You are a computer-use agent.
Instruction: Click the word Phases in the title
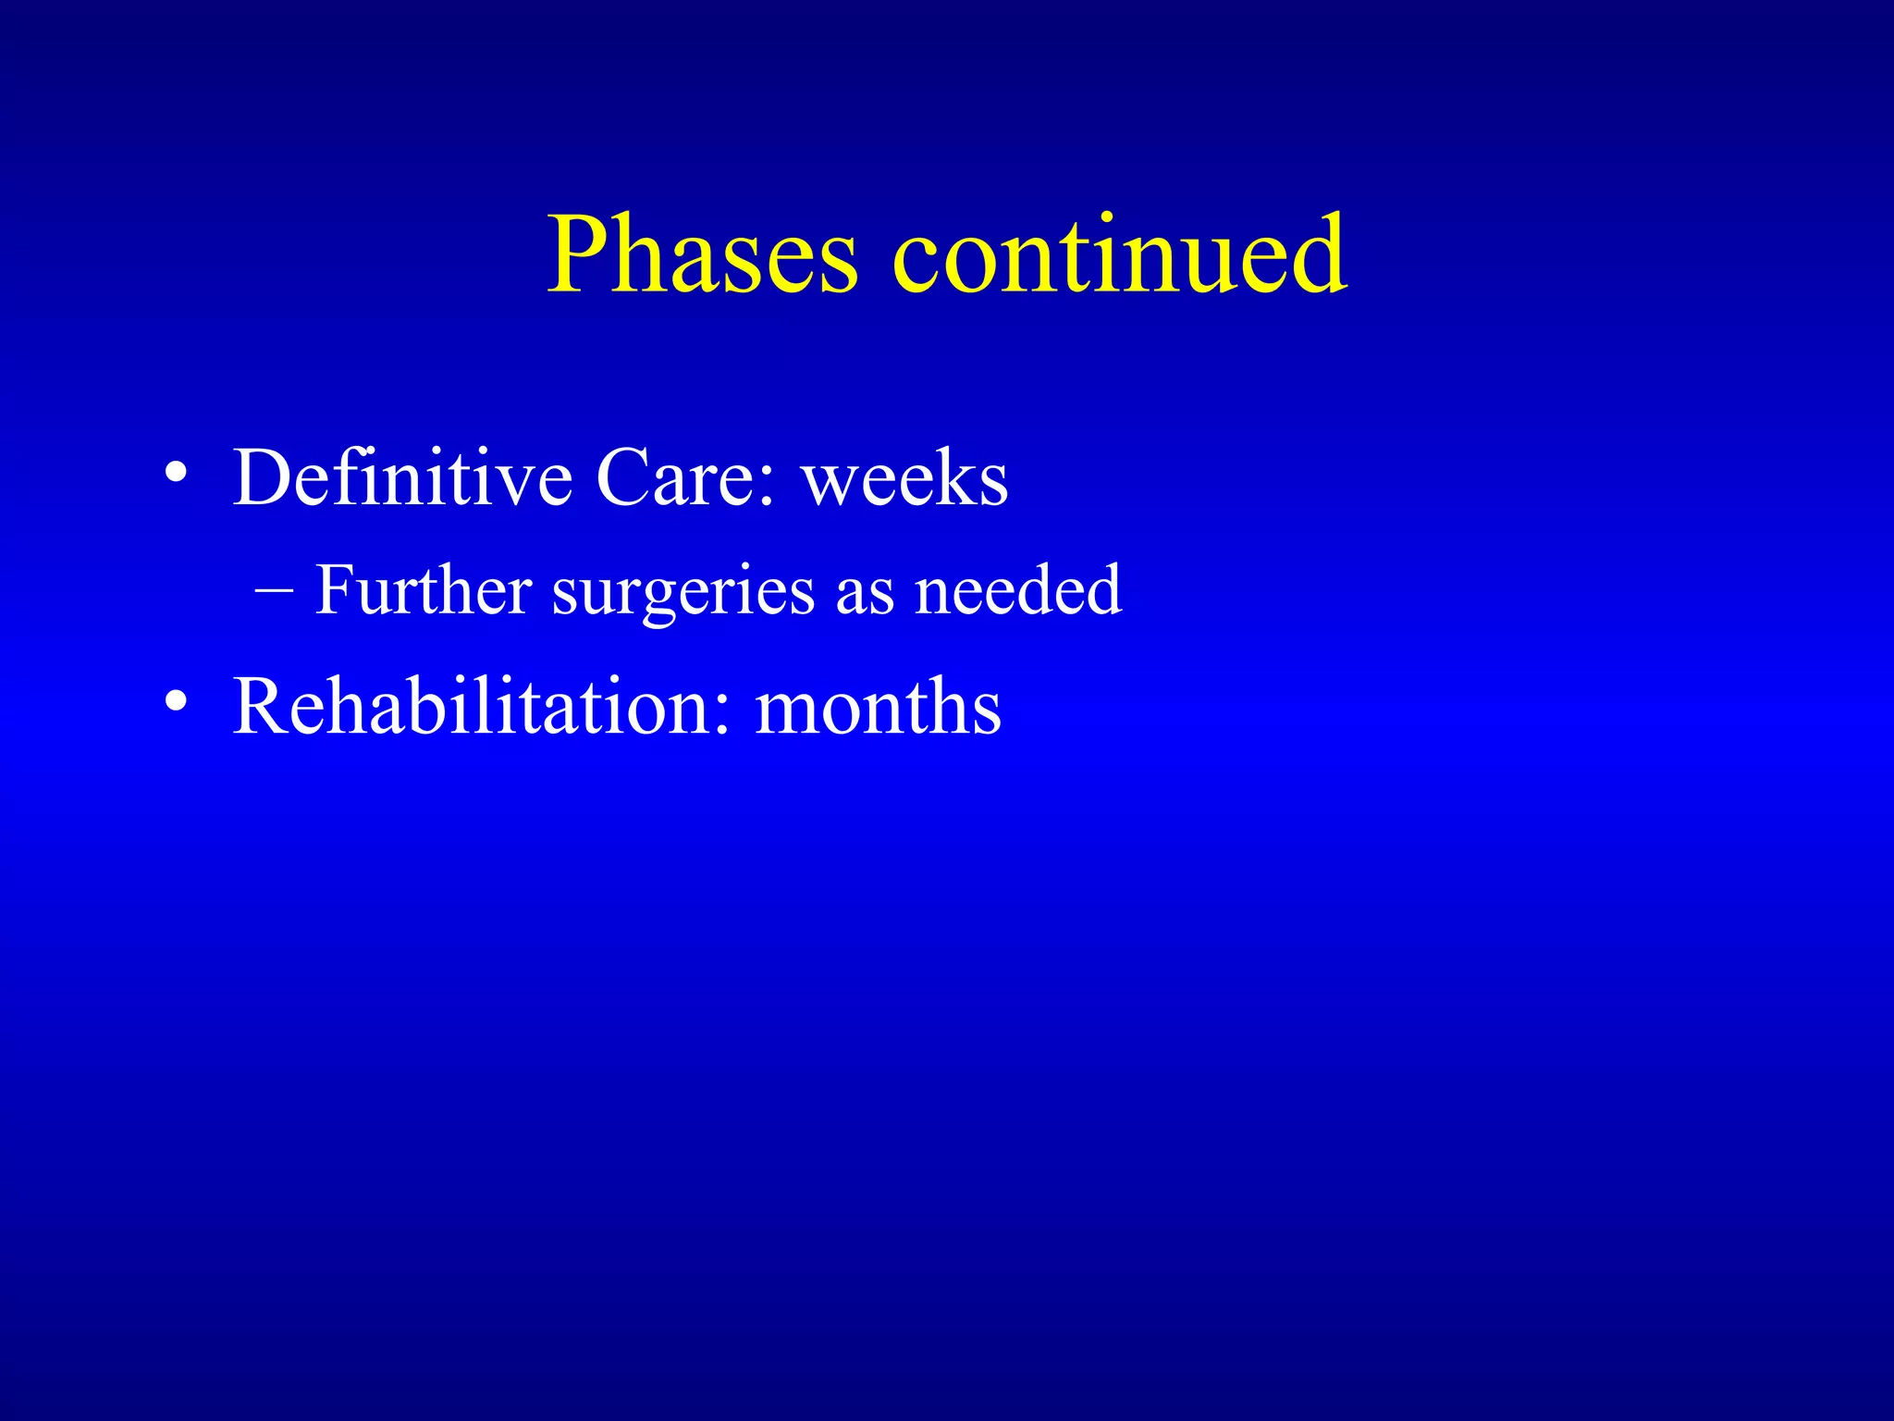coord(703,254)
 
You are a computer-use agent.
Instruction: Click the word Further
coord(424,589)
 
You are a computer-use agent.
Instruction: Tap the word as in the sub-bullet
coord(866,597)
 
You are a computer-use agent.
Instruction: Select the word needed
coord(1018,589)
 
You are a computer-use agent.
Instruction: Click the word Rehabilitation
coord(472,707)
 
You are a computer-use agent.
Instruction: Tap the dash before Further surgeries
coord(275,592)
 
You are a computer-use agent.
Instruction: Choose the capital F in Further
coord(335,589)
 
